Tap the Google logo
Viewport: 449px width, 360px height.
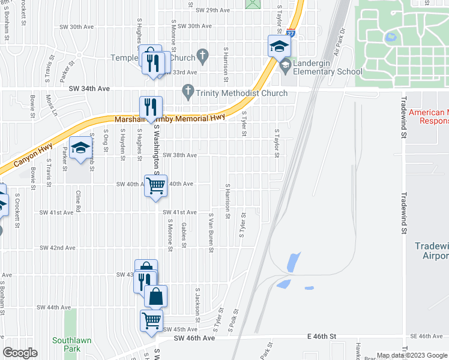tap(20, 353)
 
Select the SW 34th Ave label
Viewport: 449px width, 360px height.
tap(89, 88)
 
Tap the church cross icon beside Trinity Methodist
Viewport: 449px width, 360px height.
tap(188, 92)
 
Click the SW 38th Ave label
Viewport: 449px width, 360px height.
tap(180, 155)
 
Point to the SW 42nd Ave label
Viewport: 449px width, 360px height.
tap(58, 248)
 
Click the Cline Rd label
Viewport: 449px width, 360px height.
tap(78, 202)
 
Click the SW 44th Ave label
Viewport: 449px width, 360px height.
tap(54, 307)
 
